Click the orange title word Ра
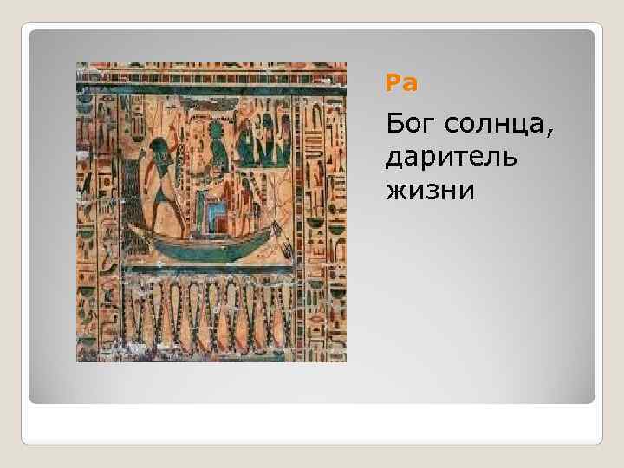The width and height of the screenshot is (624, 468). point(401,84)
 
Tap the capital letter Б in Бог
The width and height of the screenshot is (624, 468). point(394,129)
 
